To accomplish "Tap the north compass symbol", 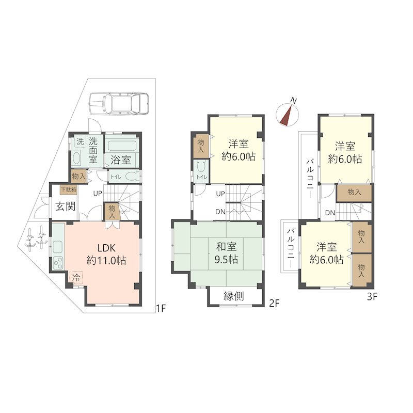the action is point(288,113).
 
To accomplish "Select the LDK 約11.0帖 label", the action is point(106,254).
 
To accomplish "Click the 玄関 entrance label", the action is point(66,206).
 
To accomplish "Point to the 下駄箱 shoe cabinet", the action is point(69,189).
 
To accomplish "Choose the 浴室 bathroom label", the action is point(121,160).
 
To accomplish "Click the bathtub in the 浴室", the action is point(121,147).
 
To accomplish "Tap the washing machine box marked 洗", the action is point(81,141).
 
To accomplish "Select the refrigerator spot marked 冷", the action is point(76,277).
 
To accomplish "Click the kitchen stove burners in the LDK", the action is point(58,262).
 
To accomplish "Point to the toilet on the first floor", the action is point(132,176).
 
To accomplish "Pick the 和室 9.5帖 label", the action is point(227,253).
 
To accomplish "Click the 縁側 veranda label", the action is point(234,296).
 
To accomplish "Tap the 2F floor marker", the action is point(274,304).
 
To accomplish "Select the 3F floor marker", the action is point(372,297).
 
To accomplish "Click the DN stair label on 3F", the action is point(330,213).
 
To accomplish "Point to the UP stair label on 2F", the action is point(220,194).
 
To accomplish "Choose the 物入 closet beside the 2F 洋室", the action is point(201,146).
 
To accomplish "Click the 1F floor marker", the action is point(161,308).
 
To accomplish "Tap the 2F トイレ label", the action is point(202,177).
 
